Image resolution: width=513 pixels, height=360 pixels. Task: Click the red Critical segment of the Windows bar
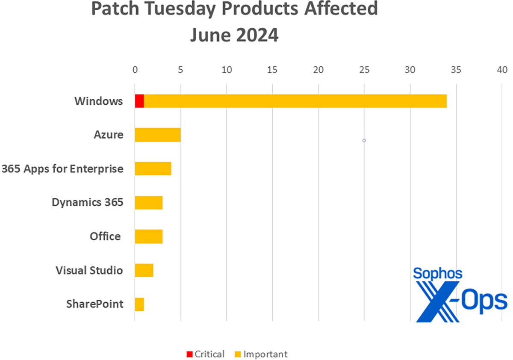pyautogui.click(x=139, y=101)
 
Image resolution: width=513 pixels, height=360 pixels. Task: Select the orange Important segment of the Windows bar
pyautogui.click(x=295, y=101)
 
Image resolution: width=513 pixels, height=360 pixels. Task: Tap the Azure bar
pyautogui.click(x=158, y=135)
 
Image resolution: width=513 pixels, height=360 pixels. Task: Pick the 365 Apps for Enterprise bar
pyautogui.click(x=153, y=169)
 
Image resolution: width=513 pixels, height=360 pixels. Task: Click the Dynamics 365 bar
pyautogui.click(x=149, y=203)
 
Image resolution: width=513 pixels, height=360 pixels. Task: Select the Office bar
pyautogui.click(x=149, y=236)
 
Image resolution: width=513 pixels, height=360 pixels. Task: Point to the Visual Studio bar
pyautogui.click(x=144, y=270)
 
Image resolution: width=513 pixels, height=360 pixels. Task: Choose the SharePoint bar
pyautogui.click(x=139, y=304)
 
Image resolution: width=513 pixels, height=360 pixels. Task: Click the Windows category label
pyautogui.click(x=99, y=102)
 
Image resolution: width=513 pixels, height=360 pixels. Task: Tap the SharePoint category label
pyautogui.click(x=95, y=304)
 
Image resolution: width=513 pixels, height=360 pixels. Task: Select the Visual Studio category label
pyautogui.click(x=89, y=271)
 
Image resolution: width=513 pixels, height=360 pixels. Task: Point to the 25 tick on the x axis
pyautogui.click(x=364, y=70)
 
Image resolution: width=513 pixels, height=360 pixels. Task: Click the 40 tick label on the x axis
pyautogui.click(x=502, y=70)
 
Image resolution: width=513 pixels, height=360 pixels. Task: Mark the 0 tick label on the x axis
pyautogui.click(x=135, y=70)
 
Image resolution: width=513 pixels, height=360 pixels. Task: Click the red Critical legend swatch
pyautogui.click(x=189, y=354)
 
